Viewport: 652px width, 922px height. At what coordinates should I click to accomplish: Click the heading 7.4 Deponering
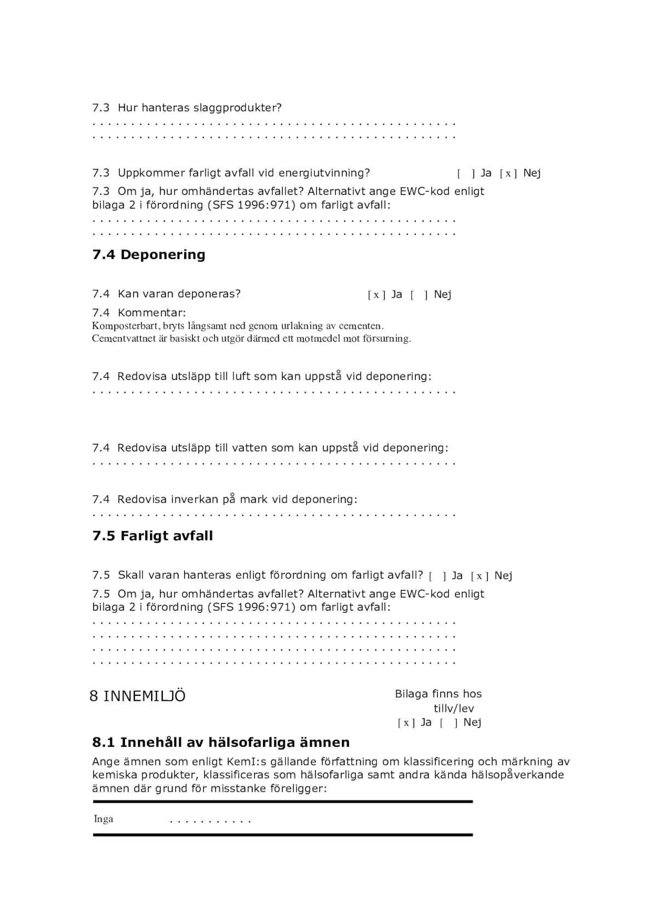tap(148, 255)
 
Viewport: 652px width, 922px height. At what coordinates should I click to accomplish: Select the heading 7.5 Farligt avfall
tap(152, 536)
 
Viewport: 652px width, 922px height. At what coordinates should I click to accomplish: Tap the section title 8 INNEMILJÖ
tap(138, 696)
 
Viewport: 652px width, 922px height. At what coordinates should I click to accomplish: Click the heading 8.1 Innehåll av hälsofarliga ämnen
tap(221, 743)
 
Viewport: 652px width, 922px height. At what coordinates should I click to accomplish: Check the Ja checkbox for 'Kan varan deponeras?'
tap(376, 295)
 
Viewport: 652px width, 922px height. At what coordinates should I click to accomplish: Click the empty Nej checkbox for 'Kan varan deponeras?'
tap(419, 295)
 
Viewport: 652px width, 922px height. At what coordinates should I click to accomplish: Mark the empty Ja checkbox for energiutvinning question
tap(466, 174)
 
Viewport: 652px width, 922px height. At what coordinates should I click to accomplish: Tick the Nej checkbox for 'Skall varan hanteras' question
tap(479, 576)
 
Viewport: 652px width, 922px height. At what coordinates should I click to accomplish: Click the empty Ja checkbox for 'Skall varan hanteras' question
tap(437, 576)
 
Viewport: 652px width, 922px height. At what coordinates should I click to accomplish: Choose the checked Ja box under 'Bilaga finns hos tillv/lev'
tap(406, 723)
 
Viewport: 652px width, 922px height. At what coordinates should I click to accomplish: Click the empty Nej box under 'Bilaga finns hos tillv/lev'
tap(448, 723)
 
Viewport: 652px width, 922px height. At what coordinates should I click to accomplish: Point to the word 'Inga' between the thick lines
tap(104, 819)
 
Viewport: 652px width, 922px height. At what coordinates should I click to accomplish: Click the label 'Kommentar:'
tap(152, 313)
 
